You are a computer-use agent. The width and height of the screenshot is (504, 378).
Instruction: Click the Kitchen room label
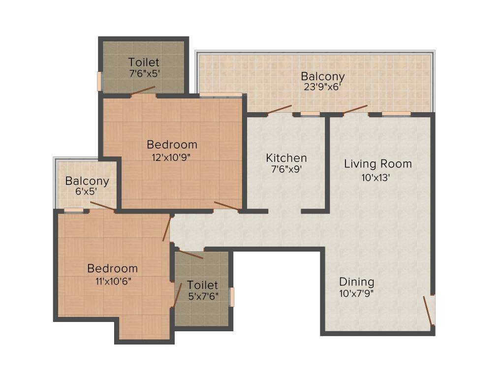coord(286,158)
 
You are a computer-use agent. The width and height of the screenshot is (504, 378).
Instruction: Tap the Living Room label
coord(378,164)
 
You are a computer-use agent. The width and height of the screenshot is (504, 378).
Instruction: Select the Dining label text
coord(356,282)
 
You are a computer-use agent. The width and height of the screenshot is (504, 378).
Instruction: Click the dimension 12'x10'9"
coord(172,157)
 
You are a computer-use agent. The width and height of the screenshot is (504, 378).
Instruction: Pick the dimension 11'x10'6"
coord(113,281)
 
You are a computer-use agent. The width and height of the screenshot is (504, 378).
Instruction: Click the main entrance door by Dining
coord(428,311)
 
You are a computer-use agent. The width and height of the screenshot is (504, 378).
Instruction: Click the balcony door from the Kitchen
coord(279,109)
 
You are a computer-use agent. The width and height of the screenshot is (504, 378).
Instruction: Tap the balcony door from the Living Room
coord(355,109)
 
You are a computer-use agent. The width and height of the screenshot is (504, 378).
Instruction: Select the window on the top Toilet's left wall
coord(99,81)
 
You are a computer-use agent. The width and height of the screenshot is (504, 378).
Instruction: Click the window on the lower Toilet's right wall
coord(232,297)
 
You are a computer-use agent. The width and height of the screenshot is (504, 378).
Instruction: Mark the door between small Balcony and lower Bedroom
coord(103,206)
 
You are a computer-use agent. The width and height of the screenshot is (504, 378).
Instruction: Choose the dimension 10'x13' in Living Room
coord(377,178)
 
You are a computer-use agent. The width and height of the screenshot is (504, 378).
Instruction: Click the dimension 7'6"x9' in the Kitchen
coord(286,170)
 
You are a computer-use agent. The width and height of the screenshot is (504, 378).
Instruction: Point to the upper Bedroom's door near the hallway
coord(226,206)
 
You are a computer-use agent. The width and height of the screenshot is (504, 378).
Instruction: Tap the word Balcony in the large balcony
coord(323,77)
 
